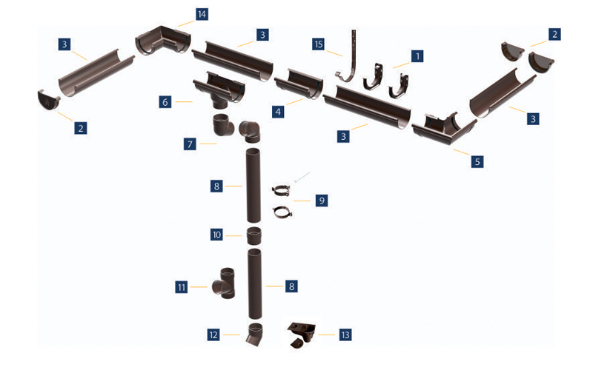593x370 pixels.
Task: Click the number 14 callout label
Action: pos(202,14)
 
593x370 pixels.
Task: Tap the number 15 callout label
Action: pos(319,44)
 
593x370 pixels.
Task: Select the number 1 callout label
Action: pos(417,56)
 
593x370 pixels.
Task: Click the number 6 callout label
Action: pos(165,102)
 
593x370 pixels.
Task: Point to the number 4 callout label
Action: pos(278,112)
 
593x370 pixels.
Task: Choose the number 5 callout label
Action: pos(477,161)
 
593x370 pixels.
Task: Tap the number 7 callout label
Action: pos(190,144)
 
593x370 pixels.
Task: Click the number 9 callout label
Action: pos(322,200)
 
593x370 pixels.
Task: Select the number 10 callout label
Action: pos(216,235)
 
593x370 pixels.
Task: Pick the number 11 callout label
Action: pos(182,287)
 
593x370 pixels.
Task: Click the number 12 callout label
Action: pos(213,334)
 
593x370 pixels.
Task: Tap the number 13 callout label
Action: pos(345,334)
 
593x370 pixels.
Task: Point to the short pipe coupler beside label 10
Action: pos(254,237)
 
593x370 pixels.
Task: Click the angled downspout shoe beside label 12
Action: pos(254,334)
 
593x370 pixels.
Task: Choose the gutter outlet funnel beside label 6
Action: pos(219,90)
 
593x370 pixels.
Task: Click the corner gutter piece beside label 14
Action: pos(163,41)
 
